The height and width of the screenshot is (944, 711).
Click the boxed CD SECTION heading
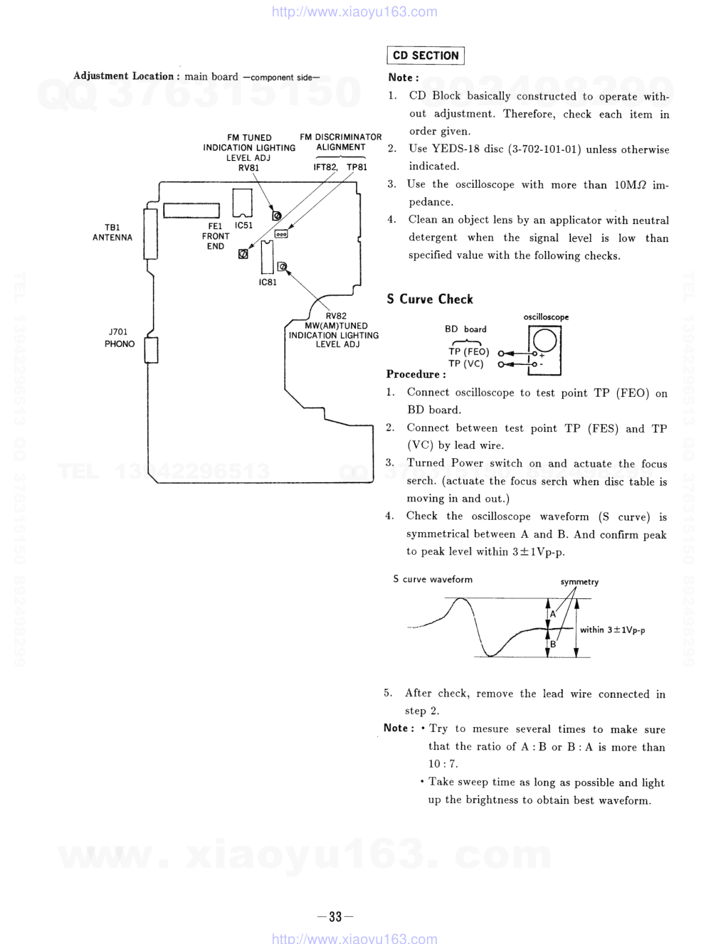tap(426, 55)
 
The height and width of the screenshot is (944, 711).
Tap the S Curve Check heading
tap(429, 299)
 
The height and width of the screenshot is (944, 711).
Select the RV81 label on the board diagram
tap(248, 168)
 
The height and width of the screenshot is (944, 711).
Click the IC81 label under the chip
tap(268, 282)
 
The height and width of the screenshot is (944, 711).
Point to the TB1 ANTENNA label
tap(112, 233)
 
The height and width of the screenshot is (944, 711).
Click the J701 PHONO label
tap(119, 338)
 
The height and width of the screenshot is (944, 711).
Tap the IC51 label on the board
tap(243, 226)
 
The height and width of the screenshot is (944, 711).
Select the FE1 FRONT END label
tap(215, 236)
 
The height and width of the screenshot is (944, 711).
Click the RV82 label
tap(336, 316)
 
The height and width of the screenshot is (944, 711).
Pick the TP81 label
tap(357, 167)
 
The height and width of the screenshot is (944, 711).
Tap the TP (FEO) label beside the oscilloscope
tap(468, 351)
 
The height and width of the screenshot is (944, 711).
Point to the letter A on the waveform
tap(552, 613)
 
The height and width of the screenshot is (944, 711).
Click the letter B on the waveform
tap(552, 644)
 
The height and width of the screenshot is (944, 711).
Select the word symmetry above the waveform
tap(579, 582)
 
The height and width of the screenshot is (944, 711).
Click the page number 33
tap(335, 916)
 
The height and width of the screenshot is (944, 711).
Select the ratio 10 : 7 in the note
tap(443, 764)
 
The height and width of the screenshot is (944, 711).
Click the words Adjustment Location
tap(123, 76)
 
